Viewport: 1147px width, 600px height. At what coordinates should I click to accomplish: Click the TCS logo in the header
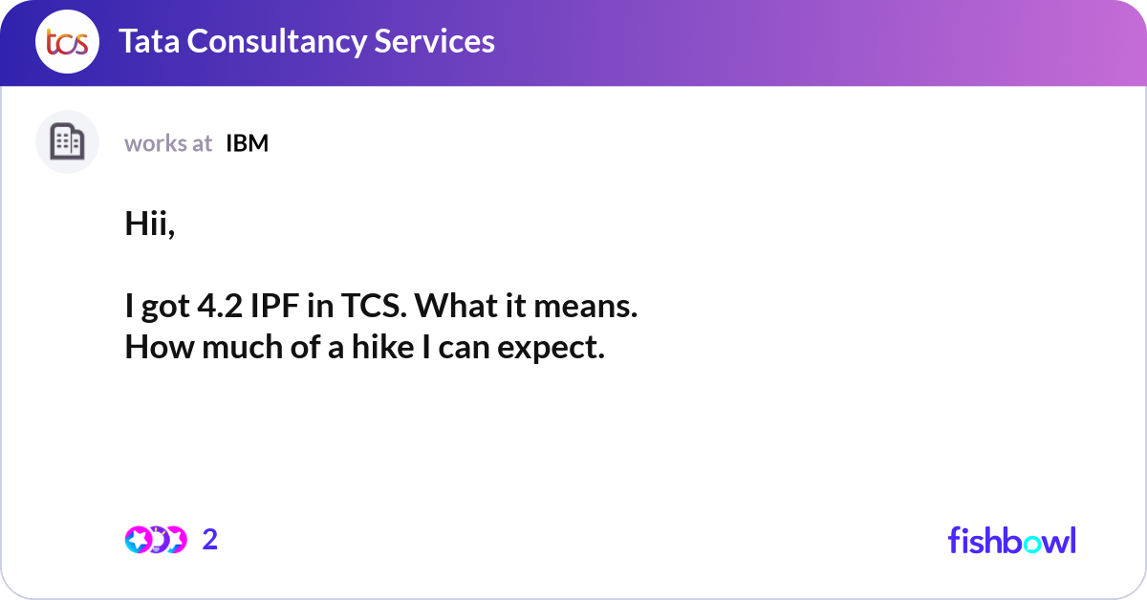point(67,42)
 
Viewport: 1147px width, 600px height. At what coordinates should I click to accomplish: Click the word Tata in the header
point(149,41)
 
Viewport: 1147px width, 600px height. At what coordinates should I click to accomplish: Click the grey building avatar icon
point(67,142)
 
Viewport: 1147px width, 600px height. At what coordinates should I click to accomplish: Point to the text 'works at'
point(168,143)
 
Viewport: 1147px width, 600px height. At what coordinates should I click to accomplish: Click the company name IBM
point(248,143)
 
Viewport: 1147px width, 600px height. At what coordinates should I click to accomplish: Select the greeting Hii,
point(150,225)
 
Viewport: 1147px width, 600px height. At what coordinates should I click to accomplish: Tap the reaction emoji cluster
point(155,540)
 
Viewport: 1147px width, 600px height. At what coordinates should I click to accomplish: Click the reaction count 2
point(210,540)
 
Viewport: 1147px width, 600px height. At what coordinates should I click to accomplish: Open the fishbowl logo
point(1011,540)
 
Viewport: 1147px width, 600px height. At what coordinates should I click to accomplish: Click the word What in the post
point(453,307)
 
